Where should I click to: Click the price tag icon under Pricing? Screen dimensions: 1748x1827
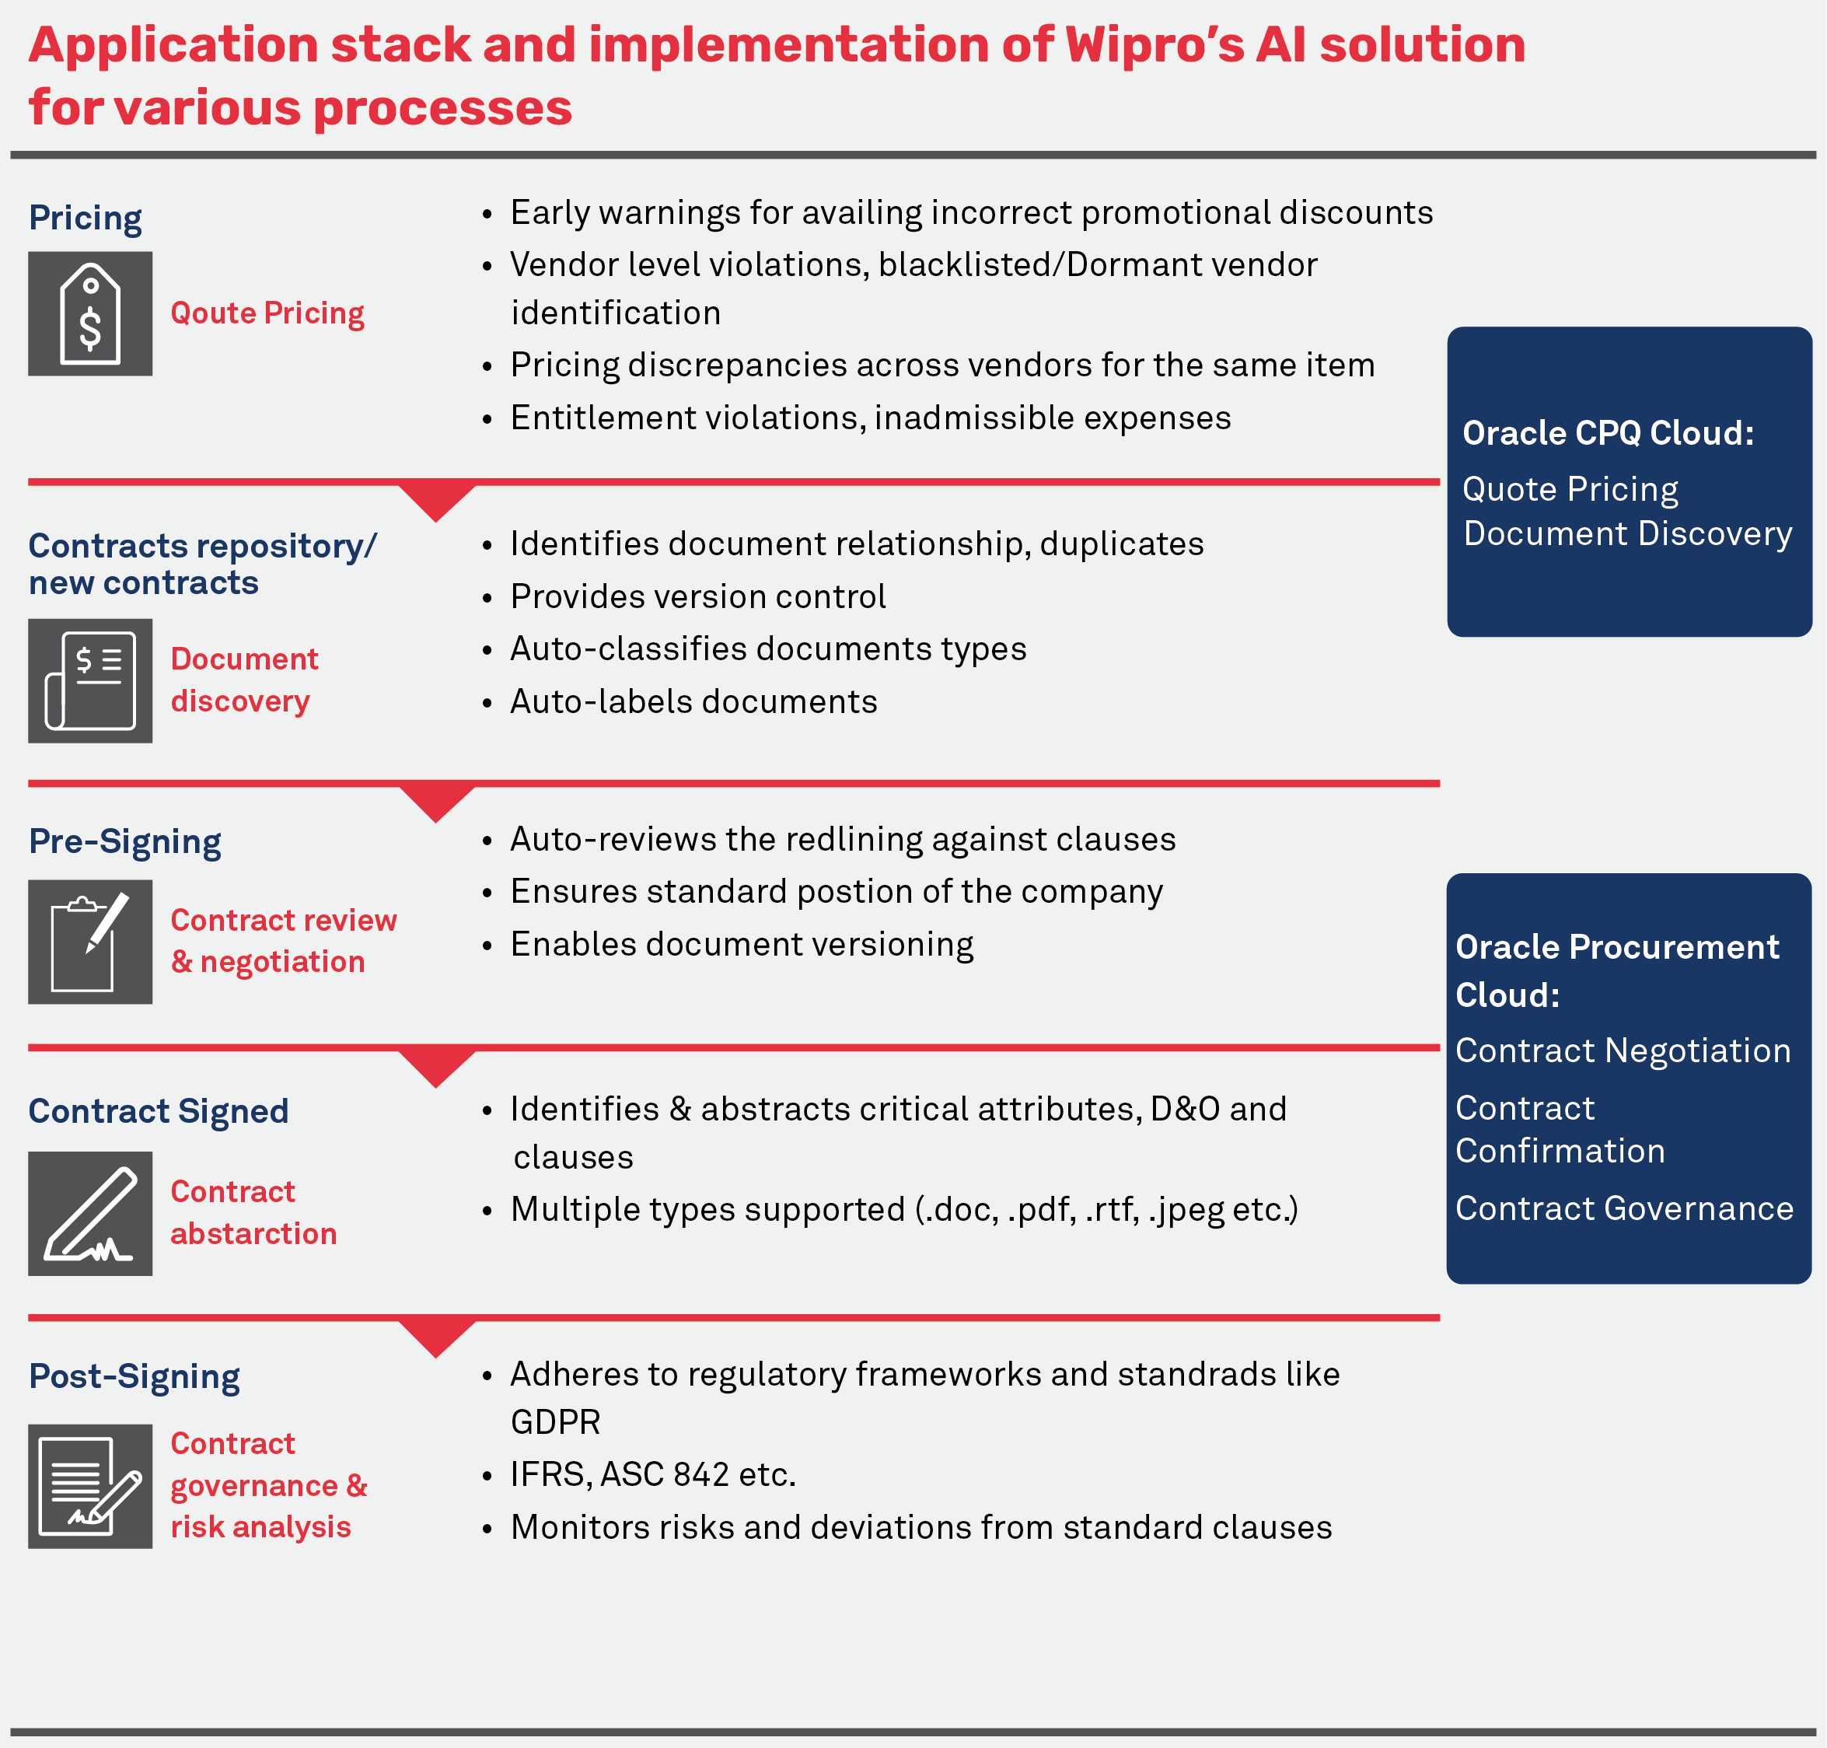89,314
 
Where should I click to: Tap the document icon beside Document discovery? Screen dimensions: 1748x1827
89,681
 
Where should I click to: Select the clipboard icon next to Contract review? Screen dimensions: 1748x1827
89,942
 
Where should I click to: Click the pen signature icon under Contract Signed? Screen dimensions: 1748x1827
89,1213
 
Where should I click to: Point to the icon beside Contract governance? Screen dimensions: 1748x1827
89,1486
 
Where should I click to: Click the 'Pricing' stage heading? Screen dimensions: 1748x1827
85,218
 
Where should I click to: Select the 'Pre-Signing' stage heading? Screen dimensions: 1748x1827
125,841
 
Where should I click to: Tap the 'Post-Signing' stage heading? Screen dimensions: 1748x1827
134,1376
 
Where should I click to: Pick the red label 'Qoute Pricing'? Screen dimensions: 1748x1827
267,313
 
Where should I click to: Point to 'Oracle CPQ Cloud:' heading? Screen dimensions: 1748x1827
1608,433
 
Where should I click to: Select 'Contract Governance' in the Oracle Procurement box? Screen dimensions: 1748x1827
1624,1208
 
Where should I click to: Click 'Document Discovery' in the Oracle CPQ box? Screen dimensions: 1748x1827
1628,534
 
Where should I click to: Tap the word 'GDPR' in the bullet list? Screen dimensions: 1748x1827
555,1422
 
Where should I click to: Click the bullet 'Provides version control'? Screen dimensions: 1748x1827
698,596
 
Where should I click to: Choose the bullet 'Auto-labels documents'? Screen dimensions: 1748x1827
693,701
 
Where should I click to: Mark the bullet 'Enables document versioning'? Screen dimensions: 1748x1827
742,945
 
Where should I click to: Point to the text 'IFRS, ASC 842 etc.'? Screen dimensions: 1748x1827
653,1474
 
